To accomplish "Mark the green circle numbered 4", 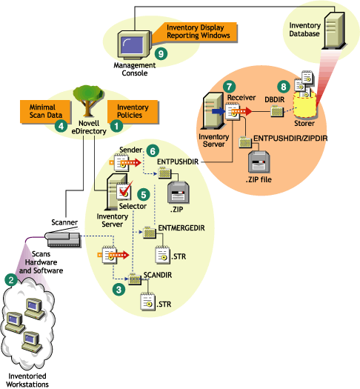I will pos(63,126).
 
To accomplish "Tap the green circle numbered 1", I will pos(116,126).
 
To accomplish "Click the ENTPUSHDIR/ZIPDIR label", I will pos(287,138).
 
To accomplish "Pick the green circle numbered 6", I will pos(153,150).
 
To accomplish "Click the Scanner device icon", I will pos(65,238).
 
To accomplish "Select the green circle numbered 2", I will pos(10,280).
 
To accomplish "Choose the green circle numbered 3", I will pos(117,290).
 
